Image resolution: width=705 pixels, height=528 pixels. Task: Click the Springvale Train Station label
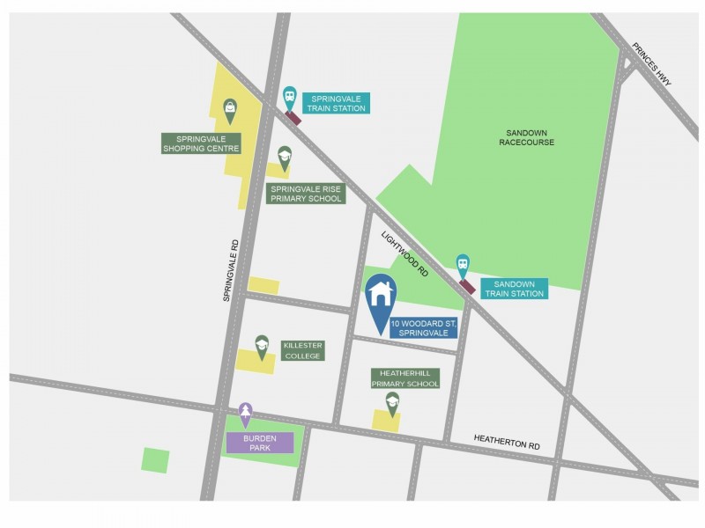pos(336,103)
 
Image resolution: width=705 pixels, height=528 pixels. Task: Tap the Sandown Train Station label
pos(514,289)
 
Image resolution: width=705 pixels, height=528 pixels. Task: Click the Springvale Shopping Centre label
pos(201,143)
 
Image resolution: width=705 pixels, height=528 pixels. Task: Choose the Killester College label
pos(302,350)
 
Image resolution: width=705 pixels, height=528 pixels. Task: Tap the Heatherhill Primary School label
pos(405,378)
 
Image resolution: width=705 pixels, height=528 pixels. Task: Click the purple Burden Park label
pos(260,443)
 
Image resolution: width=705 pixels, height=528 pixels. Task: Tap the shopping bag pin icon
pos(230,109)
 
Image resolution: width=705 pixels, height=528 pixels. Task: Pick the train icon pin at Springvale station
pos(289,97)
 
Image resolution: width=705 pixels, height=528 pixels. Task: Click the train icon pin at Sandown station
pos(463,263)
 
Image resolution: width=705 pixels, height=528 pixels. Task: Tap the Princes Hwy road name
pos(651,66)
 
